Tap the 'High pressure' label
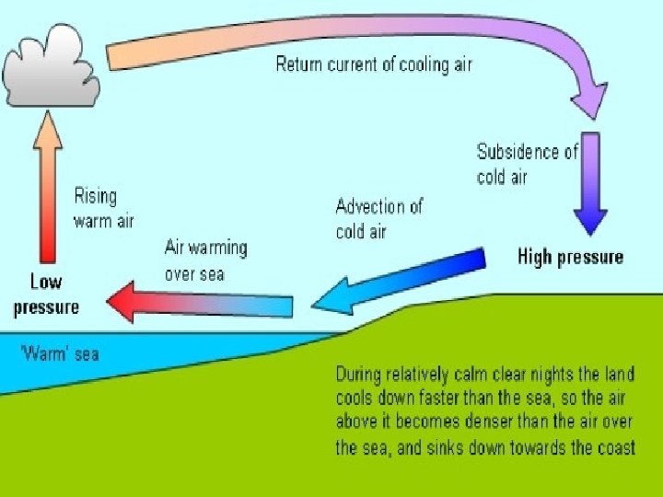(x=571, y=257)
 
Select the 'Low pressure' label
(x=46, y=295)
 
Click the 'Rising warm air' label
(x=102, y=208)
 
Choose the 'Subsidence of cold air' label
(x=527, y=164)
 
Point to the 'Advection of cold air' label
(x=378, y=218)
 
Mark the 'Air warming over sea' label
(x=205, y=260)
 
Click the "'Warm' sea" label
(x=59, y=353)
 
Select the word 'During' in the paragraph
(x=360, y=376)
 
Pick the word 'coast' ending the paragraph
(x=612, y=448)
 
